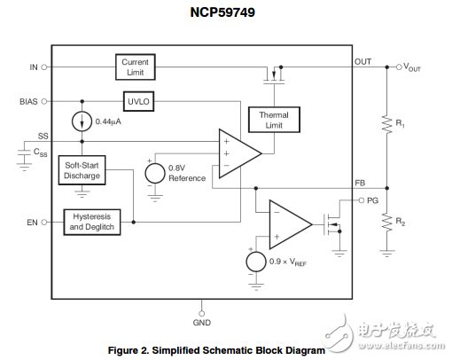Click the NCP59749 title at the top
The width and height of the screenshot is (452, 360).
coord(225,14)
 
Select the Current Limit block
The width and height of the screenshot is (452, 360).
coord(136,67)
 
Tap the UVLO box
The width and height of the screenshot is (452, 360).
coord(138,102)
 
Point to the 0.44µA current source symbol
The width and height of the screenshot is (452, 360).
coord(82,121)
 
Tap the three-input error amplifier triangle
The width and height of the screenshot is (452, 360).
coord(238,153)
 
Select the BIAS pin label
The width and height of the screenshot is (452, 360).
coord(28,101)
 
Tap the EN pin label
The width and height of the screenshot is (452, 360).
coord(31,222)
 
